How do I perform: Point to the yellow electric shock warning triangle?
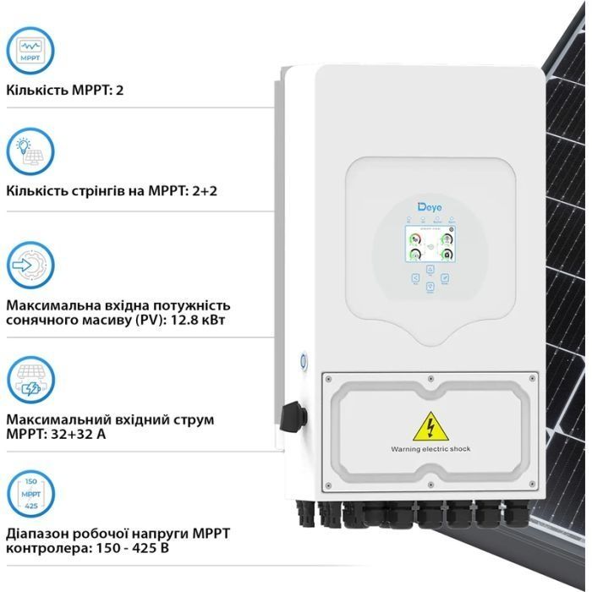430,427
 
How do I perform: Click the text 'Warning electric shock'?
430,449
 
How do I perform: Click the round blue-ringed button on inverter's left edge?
302,359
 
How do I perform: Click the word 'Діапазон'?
37,533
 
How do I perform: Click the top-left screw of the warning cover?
328,378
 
